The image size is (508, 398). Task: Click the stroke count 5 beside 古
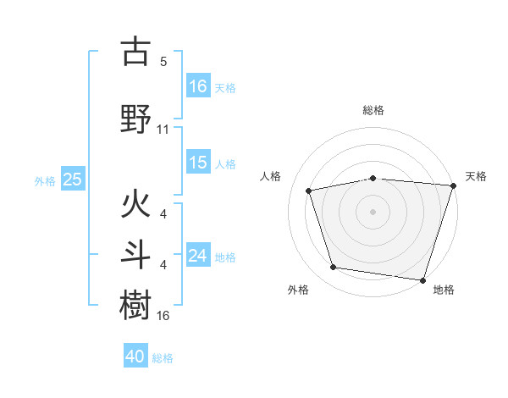point(163,62)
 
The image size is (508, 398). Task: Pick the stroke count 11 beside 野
point(163,130)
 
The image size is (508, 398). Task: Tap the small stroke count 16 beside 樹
point(163,316)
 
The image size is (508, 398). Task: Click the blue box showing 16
point(197,86)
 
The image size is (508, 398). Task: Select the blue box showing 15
point(197,163)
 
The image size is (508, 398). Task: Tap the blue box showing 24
point(197,256)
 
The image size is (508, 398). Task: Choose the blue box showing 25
point(72,180)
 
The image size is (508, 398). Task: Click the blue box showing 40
point(135,357)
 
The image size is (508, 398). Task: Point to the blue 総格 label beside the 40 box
point(163,358)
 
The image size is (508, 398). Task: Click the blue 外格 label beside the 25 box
point(45,180)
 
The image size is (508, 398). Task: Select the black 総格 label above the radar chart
point(373,110)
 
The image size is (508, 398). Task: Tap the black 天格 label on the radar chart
point(477,176)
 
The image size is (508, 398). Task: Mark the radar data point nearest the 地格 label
point(422,279)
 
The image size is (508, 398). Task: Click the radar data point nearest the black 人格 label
point(310,191)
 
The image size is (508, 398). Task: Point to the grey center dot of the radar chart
point(373,211)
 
